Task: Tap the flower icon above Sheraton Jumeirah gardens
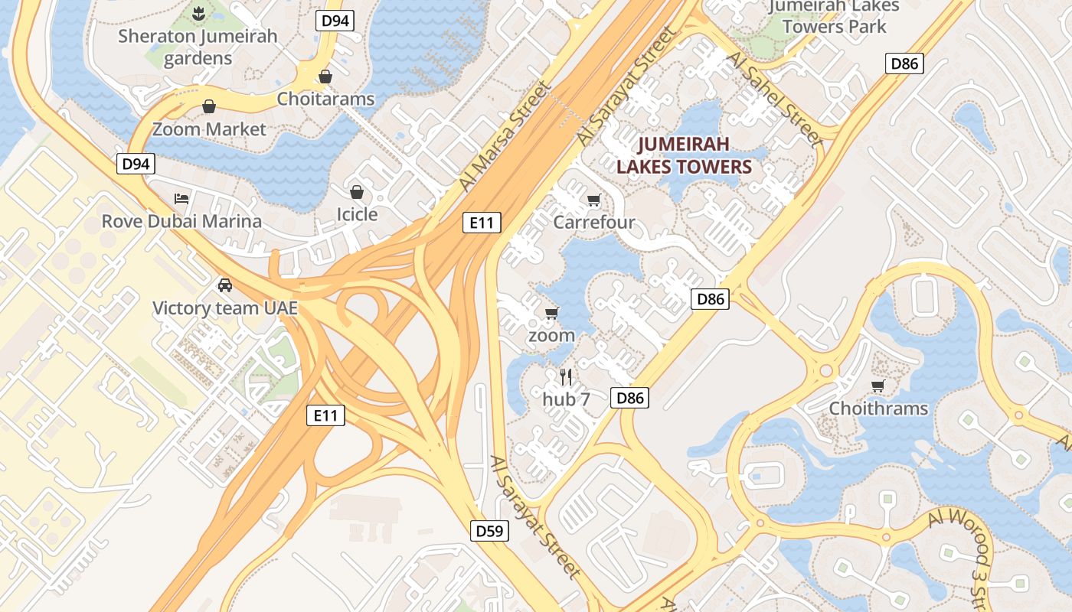click(x=198, y=12)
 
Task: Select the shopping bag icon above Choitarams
click(x=325, y=76)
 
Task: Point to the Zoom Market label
click(x=209, y=129)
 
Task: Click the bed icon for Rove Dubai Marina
click(x=181, y=199)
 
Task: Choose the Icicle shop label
click(x=357, y=213)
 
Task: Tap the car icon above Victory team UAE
click(x=225, y=285)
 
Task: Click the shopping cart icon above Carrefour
click(x=593, y=200)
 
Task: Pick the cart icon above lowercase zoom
click(x=551, y=313)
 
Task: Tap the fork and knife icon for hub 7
click(x=566, y=376)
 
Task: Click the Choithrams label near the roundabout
click(x=878, y=408)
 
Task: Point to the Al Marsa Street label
click(x=505, y=138)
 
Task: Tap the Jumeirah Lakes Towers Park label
click(x=834, y=16)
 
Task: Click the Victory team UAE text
click(x=225, y=308)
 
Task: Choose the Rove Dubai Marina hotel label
click(x=181, y=221)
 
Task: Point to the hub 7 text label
click(x=566, y=399)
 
